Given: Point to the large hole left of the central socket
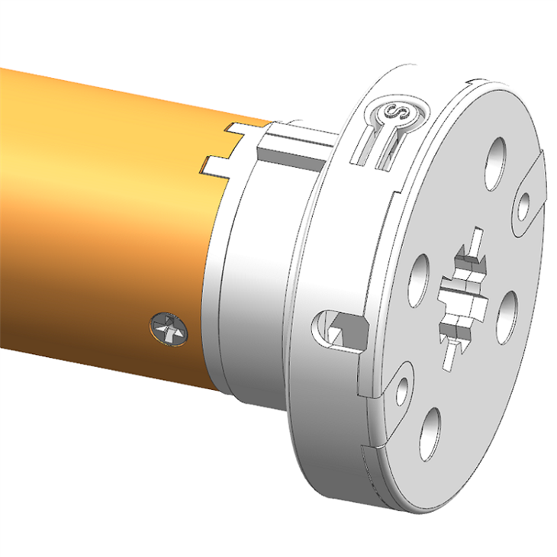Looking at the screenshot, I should (419, 279).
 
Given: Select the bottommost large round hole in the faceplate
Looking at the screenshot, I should (432, 433).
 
